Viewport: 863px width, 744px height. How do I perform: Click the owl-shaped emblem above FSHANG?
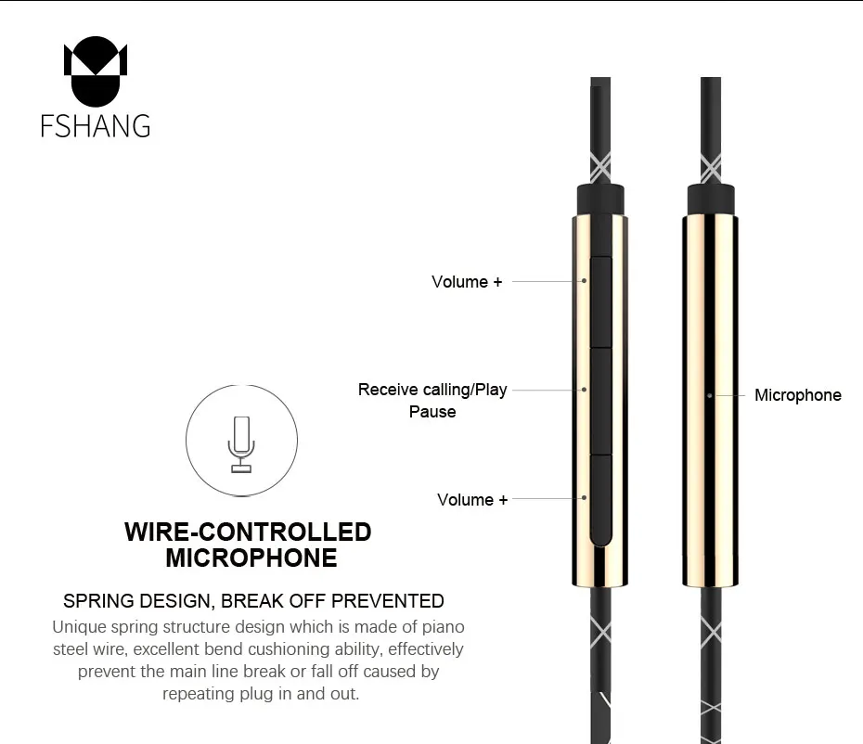(x=96, y=71)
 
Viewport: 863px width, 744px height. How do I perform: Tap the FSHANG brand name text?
(x=96, y=126)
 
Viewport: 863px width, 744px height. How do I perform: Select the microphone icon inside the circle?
(x=241, y=444)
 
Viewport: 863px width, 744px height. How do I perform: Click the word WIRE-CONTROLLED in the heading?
(x=248, y=532)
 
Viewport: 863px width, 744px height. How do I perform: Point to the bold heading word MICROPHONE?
(x=251, y=558)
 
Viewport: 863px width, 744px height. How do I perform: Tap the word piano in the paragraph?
(x=443, y=627)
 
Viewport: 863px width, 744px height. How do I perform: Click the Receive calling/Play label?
(x=432, y=390)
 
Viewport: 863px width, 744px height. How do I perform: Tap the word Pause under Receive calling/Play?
(x=432, y=412)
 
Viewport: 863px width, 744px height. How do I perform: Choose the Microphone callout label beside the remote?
(x=797, y=395)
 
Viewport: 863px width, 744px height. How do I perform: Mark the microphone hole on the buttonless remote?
(x=710, y=396)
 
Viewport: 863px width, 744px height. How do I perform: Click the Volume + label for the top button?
(x=467, y=282)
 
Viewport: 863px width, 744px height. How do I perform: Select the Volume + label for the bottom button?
(x=472, y=500)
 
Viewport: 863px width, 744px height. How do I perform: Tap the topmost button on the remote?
(x=600, y=301)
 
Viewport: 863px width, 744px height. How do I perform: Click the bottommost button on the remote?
(x=600, y=500)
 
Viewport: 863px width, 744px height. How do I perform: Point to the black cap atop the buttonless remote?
(x=711, y=199)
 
